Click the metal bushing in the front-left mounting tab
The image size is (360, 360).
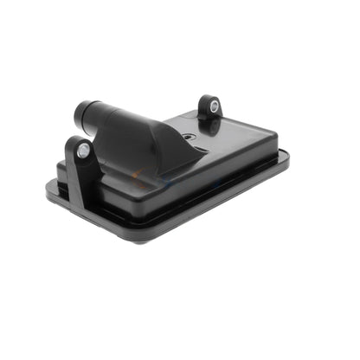tap(81, 151)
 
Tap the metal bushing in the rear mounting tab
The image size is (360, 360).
tap(212, 107)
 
